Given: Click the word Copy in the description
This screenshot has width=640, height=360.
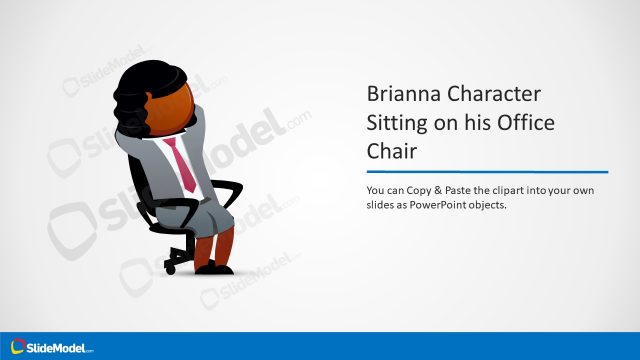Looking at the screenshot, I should click(424, 189).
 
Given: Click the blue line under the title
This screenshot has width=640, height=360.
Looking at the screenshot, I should click(487, 171).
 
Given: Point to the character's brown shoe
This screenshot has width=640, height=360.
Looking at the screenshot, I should click(213, 267).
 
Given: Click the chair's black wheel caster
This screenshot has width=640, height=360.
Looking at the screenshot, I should click(171, 268).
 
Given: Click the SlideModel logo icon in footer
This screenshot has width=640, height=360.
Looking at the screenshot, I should click(17, 346).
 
